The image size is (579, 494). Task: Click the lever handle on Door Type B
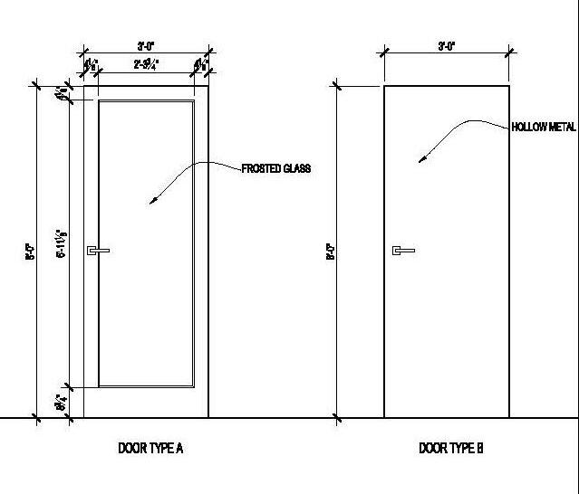[402, 250]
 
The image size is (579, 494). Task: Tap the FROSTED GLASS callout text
[275, 168]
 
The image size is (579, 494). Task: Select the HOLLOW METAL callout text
[544, 128]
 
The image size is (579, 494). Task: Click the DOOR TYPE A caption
[151, 448]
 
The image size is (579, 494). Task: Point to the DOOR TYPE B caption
[451, 448]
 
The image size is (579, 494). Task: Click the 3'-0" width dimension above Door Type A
[145, 44]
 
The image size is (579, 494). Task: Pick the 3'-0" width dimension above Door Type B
[446, 44]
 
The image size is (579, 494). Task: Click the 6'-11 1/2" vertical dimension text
[62, 242]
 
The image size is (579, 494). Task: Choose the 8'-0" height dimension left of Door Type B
[331, 252]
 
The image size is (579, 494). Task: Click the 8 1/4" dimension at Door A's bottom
[62, 402]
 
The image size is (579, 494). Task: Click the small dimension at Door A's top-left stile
[91, 65]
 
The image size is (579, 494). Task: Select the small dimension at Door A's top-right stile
[200, 65]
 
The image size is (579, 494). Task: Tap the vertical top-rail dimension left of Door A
[62, 92]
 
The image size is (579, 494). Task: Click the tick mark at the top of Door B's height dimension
[338, 86]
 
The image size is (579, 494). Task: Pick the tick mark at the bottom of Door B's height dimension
[338, 418]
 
